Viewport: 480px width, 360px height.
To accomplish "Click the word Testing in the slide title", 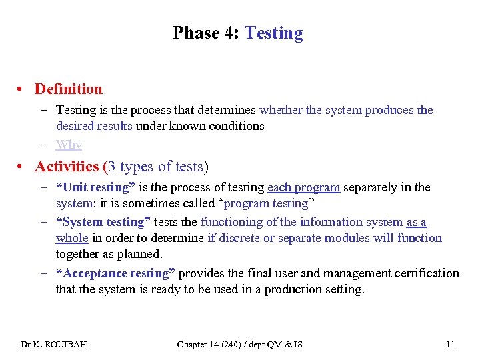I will pyautogui.click(x=274, y=33).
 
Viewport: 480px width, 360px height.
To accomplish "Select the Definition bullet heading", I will pyautogui.click(x=69, y=89).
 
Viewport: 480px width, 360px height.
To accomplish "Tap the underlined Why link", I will pyautogui.click(x=69, y=144).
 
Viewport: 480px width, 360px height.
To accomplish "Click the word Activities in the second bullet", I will pyautogui.click(x=67, y=167).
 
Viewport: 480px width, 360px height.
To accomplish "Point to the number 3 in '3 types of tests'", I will pyautogui.click(x=113, y=167).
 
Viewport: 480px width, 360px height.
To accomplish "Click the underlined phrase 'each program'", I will pyautogui.click(x=303, y=187).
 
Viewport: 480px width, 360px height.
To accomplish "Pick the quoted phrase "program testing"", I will pyautogui.click(x=269, y=203).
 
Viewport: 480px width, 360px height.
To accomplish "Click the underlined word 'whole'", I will pyautogui.click(x=72, y=238).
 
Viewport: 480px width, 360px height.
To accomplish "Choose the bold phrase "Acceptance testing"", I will pyautogui.click(x=115, y=273).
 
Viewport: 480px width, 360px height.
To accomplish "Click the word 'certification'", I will pyautogui.click(x=427, y=273).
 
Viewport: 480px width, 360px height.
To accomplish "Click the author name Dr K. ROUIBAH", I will pyautogui.click(x=53, y=344).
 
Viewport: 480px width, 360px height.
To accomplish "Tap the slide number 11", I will pyautogui.click(x=450, y=344).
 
